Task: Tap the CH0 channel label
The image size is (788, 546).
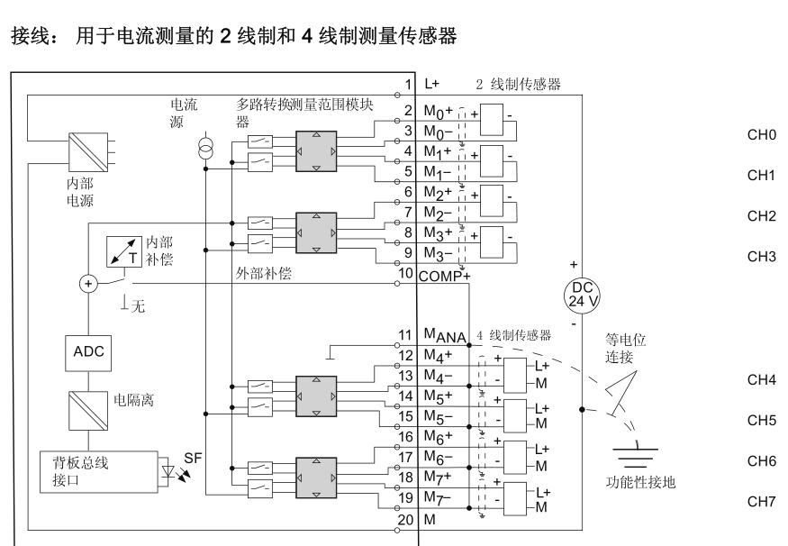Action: click(762, 135)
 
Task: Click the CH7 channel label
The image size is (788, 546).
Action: click(762, 500)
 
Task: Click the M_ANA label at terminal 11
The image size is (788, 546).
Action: click(443, 337)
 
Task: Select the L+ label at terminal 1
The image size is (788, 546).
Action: click(431, 85)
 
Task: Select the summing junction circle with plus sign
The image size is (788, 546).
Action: click(87, 283)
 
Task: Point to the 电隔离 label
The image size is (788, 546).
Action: click(131, 400)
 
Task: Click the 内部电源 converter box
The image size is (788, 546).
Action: click(88, 151)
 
